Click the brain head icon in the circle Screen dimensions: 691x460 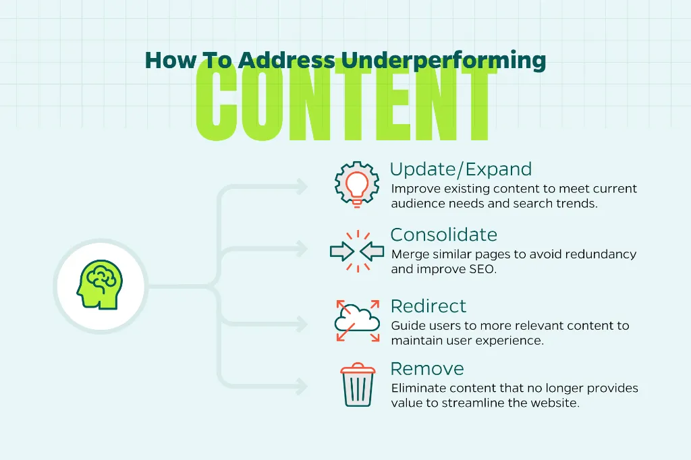(100, 285)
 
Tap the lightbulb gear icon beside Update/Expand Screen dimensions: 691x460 (357, 185)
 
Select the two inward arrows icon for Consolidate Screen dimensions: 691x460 (357, 252)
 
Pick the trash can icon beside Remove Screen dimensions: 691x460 (358, 384)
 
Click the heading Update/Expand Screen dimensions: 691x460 (461, 169)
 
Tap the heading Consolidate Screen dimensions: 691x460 (444, 235)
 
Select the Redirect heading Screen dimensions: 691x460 (429, 306)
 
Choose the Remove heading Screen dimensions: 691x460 (427, 369)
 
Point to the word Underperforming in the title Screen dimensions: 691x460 (444, 61)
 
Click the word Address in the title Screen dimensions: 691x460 (286, 60)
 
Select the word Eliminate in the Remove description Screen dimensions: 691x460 (418, 389)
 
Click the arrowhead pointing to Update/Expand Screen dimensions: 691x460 (302, 186)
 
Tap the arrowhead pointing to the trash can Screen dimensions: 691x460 (302, 386)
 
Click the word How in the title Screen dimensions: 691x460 (171, 60)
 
